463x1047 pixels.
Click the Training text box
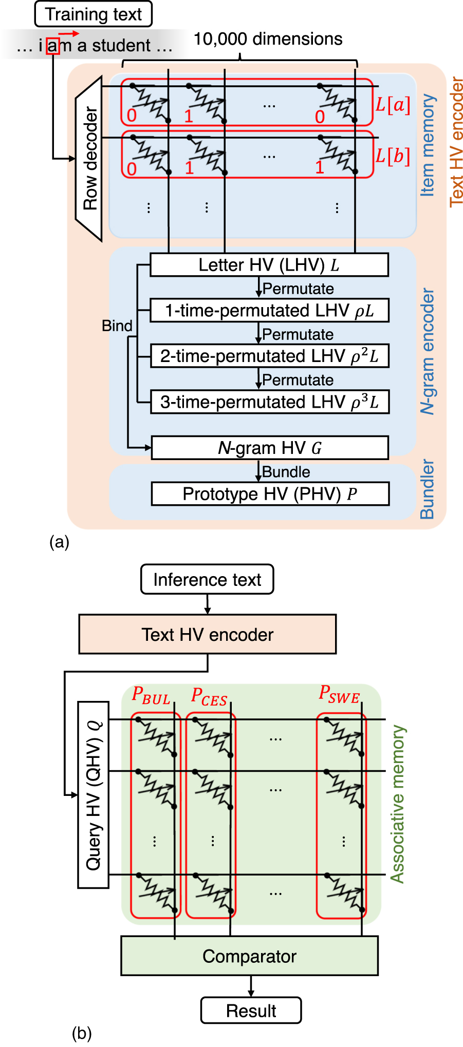pyautogui.click(x=93, y=14)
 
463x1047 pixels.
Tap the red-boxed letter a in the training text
pyautogui.click(x=53, y=46)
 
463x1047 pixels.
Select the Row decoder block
pyautogui.click(x=89, y=159)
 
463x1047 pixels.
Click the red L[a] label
pyautogui.click(x=393, y=105)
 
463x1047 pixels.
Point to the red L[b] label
pyautogui.click(x=393, y=156)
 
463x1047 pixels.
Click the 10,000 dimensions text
pyautogui.click(x=268, y=39)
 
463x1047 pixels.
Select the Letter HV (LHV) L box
pyautogui.click(x=269, y=265)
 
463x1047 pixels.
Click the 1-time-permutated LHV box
pyautogui.click(x=269, y=311)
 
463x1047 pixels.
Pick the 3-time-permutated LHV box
pyautogui.click(x=269, y=402)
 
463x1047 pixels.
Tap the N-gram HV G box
pyautogui.click(x=269, y=448)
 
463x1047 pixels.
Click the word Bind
pyautogui.click(x=117, y=326)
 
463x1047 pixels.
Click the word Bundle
pyautogui.click(x=286, y=472)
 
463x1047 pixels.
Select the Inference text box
pyautogui.click(x=207, y=580)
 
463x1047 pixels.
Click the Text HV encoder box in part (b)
pyautogui.click(x=207, y=635)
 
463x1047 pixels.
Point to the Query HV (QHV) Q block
pyautogui.click(x=94, y=795)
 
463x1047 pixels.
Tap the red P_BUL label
pyautogui.click(x=151, y=696)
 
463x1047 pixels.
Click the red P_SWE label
pyautogui.click(x=339, y=694)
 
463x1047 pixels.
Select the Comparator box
pyautogui.click(x=249, y=956)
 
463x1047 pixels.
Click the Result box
pyautogui.click(x=251, y=1011)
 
